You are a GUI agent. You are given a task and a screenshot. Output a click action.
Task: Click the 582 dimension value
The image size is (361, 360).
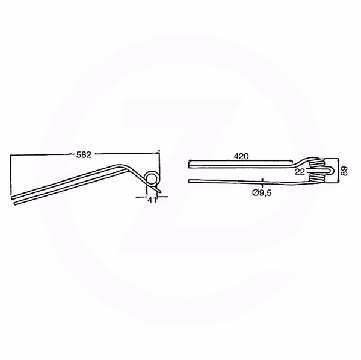point(84,155)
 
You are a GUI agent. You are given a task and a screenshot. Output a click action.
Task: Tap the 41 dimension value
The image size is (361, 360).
point(152,200)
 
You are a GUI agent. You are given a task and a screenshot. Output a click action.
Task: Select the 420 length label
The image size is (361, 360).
point(241,156)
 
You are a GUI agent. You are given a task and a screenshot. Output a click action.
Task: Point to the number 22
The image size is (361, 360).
point(300,172)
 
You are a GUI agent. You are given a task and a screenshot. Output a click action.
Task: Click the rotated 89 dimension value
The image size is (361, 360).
point(344,171)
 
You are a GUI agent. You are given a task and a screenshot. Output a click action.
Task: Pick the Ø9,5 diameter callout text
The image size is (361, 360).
point(262,193)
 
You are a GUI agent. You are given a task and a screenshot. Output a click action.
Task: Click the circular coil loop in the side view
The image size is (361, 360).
point(152,177)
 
